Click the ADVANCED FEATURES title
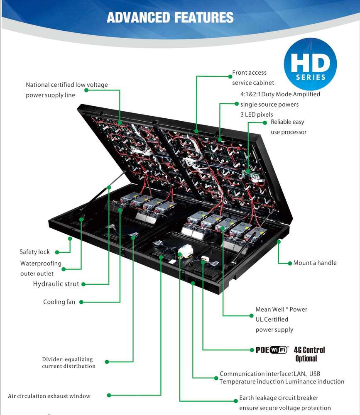(x=170, y=17)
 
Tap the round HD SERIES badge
(x=310, y=66)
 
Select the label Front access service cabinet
(x=249, y=78)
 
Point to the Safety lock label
(x=34, y=252)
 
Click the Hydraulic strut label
(x=56, y=284)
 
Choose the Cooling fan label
(x=59, y=302)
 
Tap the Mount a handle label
(x=315, y=263)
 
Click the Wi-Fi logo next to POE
(x=279, y=349)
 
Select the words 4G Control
(x=309, y=350)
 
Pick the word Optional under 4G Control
(x=306, y=359)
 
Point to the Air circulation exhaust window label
(x=49, y=396)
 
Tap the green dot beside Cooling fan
(x=81, y=302)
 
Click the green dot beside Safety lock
(x=56, y=252)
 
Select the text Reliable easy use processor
(x=288, y=127)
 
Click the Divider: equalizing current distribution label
(x=69, y=363)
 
